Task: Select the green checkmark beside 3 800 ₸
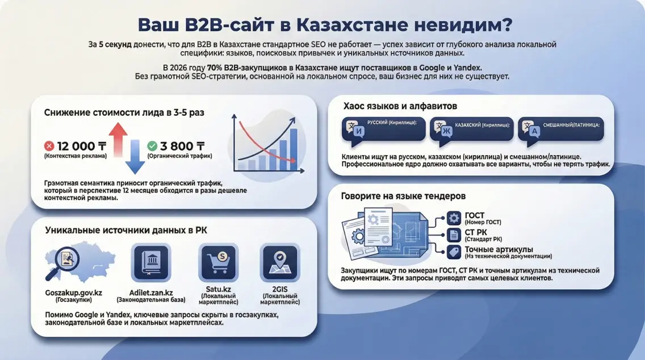pos(152,146)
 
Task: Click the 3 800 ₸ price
pos(183,146)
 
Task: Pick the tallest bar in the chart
pos(293,149)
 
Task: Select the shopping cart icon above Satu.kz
pos(218,261)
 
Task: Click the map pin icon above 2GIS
pos(279,261)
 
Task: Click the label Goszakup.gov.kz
pos(73,293)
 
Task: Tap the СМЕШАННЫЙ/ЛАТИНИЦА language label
pos(572,123)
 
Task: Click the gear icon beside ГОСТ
pos(454,219)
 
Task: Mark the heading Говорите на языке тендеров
pos(403,196)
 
